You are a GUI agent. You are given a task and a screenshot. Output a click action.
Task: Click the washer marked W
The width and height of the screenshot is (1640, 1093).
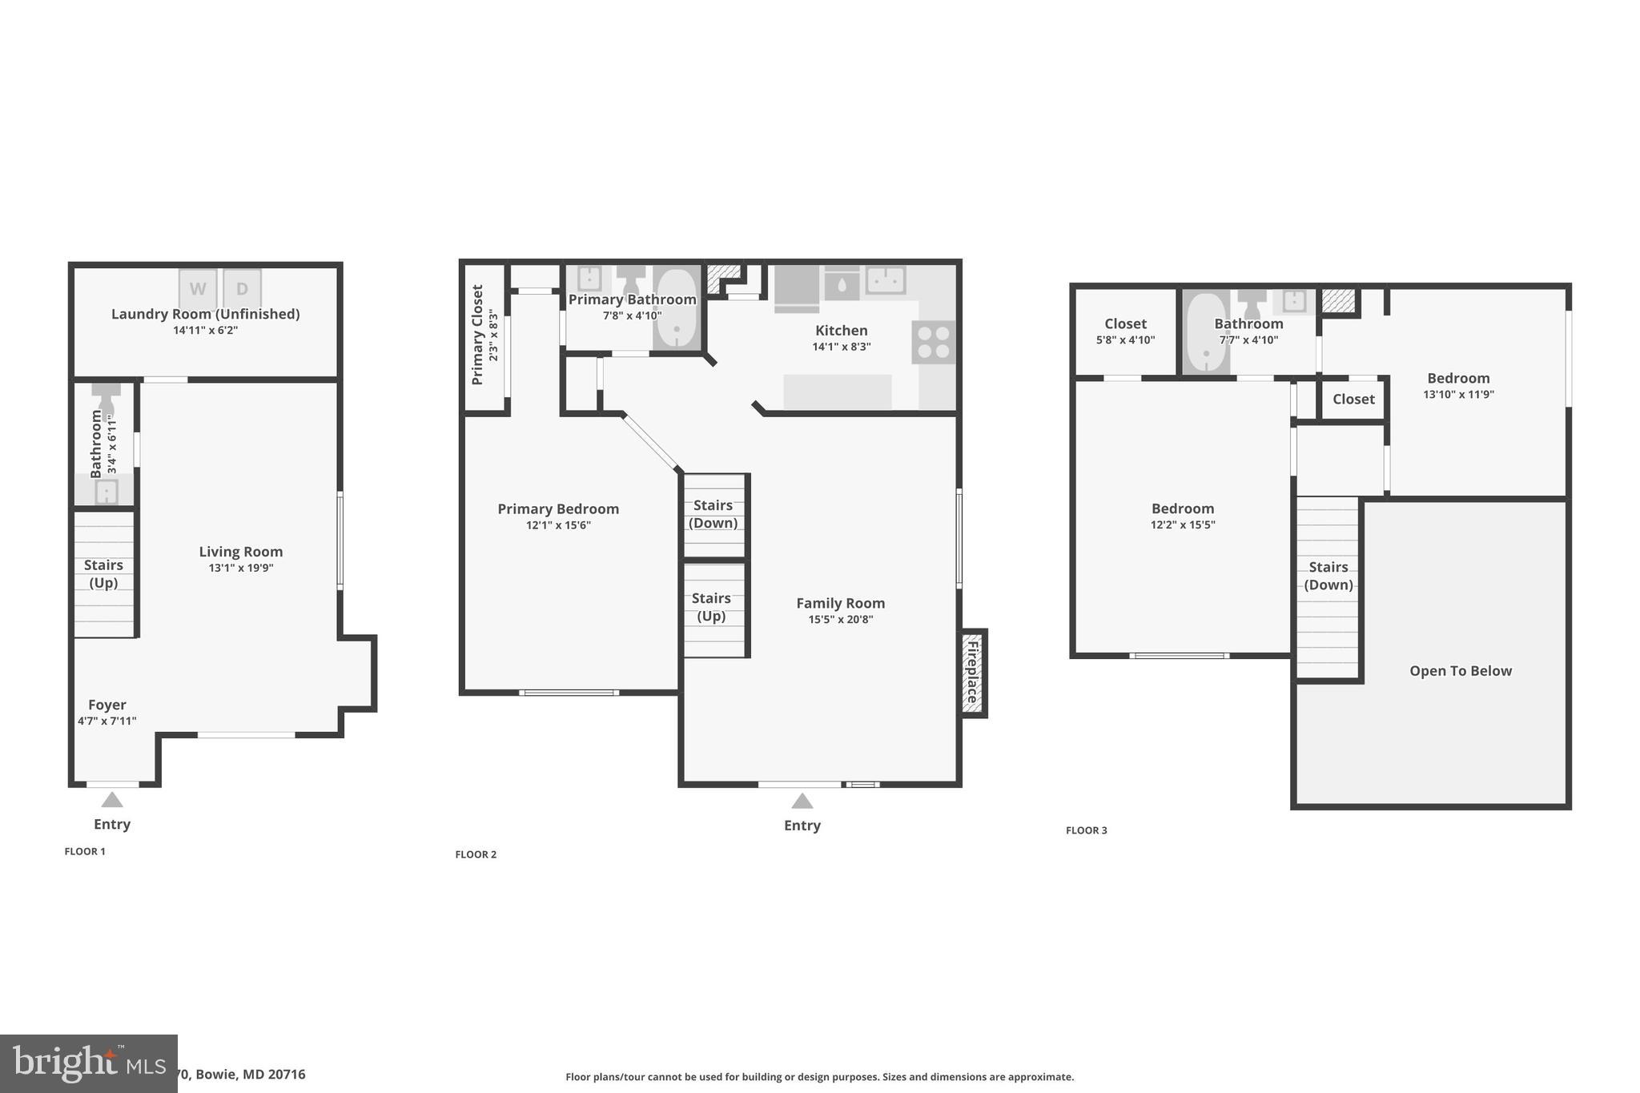pyautogui.click(x=198, y=288)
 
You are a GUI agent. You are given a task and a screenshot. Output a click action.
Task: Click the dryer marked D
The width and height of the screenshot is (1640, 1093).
pyautogui.click(x=242, y=288)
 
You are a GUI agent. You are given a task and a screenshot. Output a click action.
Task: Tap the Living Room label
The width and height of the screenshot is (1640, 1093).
pyautogui.click(x=240, y=552)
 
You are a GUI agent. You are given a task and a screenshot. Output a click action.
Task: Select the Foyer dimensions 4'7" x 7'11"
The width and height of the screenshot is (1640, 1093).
pyautogui.click(x=107, y=721)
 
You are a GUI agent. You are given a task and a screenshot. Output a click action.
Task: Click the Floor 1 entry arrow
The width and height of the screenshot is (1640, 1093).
pyautogui.click(x=112, y=800)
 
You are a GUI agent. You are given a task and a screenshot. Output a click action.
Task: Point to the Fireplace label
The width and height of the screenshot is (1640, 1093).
pyautogui.click(x=973, y=673)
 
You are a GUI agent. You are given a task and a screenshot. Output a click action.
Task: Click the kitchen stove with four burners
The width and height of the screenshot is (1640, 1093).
pyautogui.click(x=934, y=342)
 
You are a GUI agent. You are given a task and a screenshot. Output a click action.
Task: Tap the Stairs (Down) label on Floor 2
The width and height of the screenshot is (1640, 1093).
pyautogui.click(x=713, y=514)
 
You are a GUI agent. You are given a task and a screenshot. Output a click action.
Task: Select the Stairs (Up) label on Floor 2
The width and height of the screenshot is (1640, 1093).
pyautogui.click(x=711, y=607)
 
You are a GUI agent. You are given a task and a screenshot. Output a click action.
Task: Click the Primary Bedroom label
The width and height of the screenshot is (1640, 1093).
pyautogui.click(x=558, y=509)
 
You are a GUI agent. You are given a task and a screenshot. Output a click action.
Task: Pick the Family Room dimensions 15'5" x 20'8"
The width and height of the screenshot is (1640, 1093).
pyautogui.click(x=840, y=619)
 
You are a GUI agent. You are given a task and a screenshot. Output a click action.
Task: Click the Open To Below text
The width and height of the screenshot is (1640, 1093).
pyautogui.click(x=1461, y=671)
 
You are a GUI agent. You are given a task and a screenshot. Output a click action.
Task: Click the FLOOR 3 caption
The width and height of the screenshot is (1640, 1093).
pyautogui.click(x=1086, y=830)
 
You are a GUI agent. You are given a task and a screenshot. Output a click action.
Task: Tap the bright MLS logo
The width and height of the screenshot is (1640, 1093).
pyautogui.click(x=88, y=1063)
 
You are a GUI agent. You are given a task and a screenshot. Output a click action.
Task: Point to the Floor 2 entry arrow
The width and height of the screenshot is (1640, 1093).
pyautogui.click(x=802, y=801)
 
